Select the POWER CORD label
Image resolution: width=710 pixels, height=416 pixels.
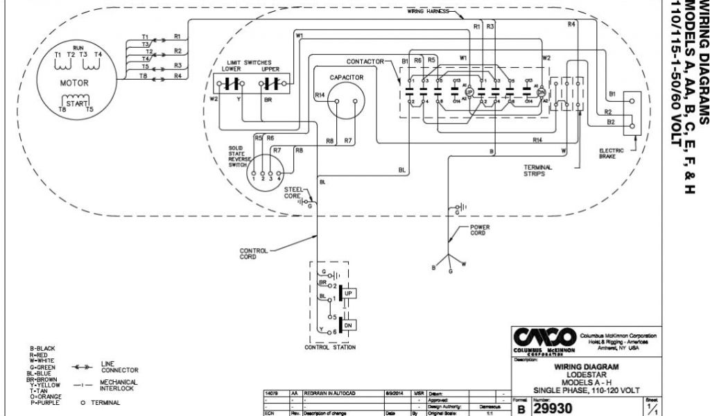pyautogui.click(x=480, y=229)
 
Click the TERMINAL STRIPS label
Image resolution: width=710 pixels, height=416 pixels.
pyautogui.click(x=537, y=171)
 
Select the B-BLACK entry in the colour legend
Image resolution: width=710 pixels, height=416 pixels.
pyautogui.click(x=42, y=348)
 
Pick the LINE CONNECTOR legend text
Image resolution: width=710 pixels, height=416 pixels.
pyautogui.click(x=119, y=366)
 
